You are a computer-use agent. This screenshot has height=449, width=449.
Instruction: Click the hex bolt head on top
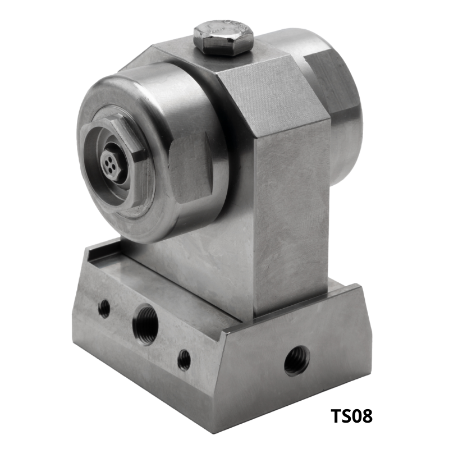[x=223, y=37]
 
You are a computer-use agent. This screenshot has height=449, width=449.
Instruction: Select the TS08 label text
[x=352, y=416]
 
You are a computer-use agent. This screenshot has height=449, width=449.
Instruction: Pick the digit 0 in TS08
[x=356, y=416]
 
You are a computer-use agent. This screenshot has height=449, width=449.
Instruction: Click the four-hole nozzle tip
[x=111, y=165]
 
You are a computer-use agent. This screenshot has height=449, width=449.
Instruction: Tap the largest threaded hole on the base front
[x=145, y=324]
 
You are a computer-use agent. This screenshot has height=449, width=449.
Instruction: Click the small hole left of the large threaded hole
[x=104, y=308]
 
